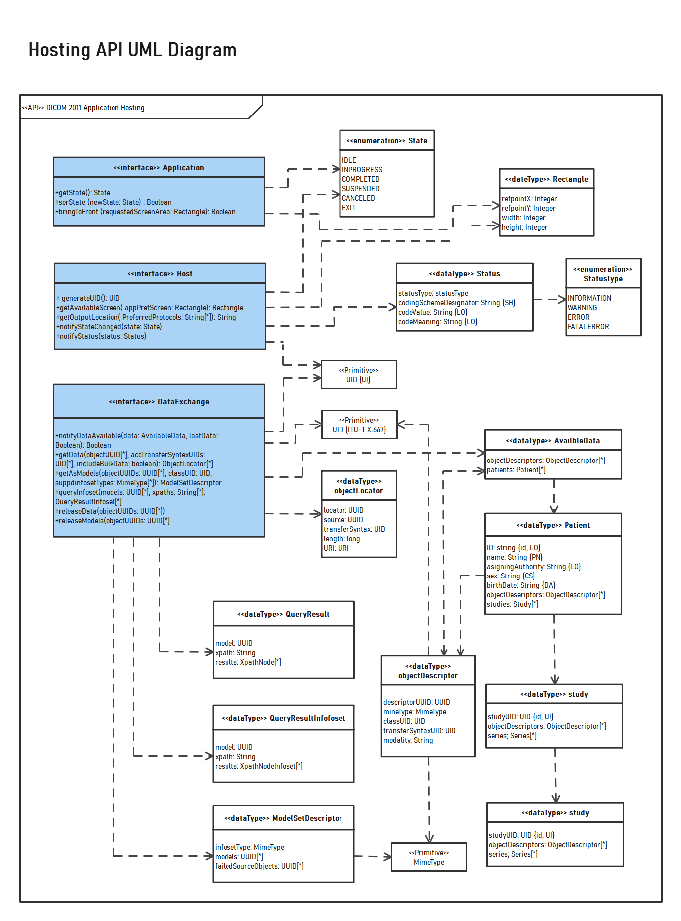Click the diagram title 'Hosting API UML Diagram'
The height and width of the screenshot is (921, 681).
pyautogui.click(x=132, y=50)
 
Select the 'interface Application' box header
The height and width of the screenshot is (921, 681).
pyautogui.click(x=159, y=168)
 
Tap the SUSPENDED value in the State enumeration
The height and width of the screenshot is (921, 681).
pyautogui.click(x=360, y=189)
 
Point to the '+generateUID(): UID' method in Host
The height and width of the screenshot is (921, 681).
pyautogui.click(x=89, y=298)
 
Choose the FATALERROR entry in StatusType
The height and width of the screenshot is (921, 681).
pyautogui.click(x=588, y=327)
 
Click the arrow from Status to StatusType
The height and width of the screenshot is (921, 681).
pyautogui.click(x=549, y=300)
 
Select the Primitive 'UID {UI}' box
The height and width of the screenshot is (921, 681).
pyautogui.click(x=358, y=375)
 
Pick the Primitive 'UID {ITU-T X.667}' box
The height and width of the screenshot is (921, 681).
pyautogui.click(x=359, y=425)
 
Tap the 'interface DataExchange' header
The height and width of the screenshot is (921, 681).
pyautogui.click(x=159, y=402)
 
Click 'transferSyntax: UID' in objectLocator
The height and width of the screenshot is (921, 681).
pyautogui.click(x=354, y=529)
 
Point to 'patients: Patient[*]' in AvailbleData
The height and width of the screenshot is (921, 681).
pyautogui.click(x=516, y=470)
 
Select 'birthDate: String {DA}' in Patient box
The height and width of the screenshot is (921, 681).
pyautogui.click(x=521, y=585)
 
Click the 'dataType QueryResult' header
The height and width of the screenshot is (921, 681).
pyautogui.click(x=283, y=614)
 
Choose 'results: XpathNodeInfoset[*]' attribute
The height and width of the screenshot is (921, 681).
pyautogui.click(x=258, y=766)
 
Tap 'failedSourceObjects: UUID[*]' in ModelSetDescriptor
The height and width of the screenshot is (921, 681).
pyautogui.click(x=259, y=866)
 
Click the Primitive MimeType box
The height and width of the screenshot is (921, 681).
pyautogui.click(x=429, y=857)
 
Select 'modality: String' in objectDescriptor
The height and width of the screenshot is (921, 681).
pyautogui.click(x=408, y=740)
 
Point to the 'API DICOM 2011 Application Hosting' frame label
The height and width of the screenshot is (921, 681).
pyautogui.click(x=84, y=108)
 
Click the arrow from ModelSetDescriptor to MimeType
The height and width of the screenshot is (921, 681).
pyautogui.click(x=373, y=857)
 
